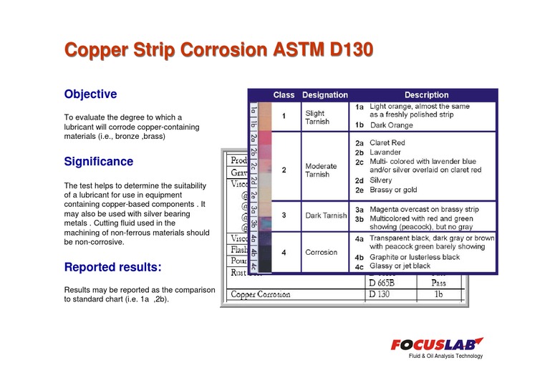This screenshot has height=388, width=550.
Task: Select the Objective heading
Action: [x=90, y=94]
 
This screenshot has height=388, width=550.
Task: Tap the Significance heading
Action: [x=98, y=162]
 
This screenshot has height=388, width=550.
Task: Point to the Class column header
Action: [x=284, y=95]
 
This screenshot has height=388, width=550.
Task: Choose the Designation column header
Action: [x=324, y=95]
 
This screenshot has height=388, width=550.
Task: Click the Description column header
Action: [x=426, y=95]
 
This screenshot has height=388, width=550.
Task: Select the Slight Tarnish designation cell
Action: [x=317, y=117]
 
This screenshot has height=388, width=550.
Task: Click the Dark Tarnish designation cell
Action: [x=326, y=215]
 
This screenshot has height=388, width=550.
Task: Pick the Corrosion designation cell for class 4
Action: [x=321, y=252]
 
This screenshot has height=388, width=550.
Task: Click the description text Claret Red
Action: [x=387, y=143]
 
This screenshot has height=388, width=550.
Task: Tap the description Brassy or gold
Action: [x=394, y=190]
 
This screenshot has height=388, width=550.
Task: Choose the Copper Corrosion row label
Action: [x=260, y=294]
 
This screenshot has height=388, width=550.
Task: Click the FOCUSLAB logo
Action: [x=437, y=345]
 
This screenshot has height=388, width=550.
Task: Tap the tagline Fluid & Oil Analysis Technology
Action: [x=445, y=357]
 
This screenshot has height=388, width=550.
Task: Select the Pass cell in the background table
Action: [x=438, y=283]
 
